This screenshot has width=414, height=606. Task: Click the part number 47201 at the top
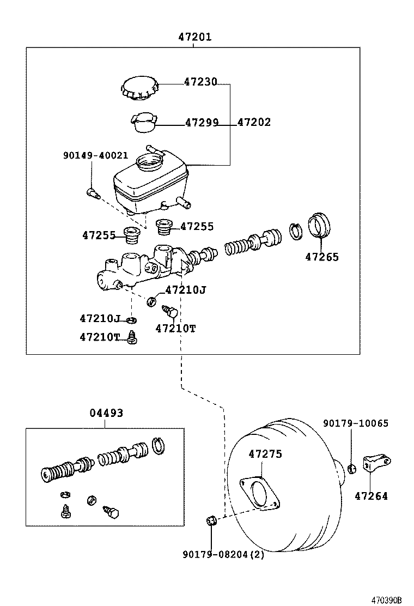194,37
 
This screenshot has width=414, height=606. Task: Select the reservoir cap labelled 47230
139,88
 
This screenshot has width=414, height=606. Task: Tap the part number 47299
202,123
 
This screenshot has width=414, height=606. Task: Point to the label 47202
254,123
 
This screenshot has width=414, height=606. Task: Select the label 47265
321,257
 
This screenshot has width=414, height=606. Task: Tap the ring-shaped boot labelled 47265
321,225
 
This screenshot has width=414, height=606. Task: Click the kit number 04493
106,413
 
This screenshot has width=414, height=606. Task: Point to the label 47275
265,453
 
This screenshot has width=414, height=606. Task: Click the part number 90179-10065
356,423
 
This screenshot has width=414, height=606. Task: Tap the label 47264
371,496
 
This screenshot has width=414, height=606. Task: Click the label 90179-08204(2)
223,555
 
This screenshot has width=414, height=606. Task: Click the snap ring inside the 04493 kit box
159,445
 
